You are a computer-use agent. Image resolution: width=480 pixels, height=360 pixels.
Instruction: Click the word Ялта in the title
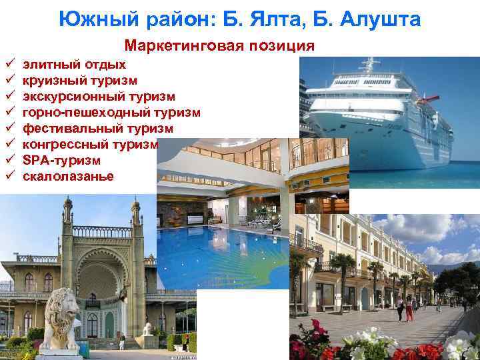pyautogui.click(x=295, y=20)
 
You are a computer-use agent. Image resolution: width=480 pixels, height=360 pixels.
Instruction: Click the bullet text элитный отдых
pyautogui.click(x=74, y=65)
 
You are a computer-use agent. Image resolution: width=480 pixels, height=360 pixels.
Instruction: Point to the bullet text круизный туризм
pyautogui.click(x=80, y=81)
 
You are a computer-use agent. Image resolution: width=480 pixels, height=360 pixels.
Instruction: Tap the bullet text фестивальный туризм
pyautogui.click(x=98, y=129)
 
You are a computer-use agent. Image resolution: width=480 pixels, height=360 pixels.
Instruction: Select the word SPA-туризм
pyautogui.click(x=61, y=161)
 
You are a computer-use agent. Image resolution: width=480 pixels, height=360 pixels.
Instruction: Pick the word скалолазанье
pyautogui.click(x=69, y=177)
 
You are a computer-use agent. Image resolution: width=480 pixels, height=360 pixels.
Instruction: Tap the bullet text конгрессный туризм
pyautogui.click(x=91, y=145)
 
